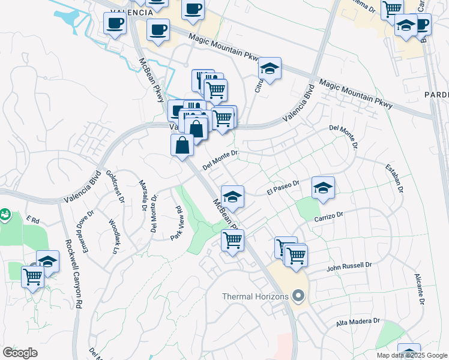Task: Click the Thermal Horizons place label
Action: click(255, 296)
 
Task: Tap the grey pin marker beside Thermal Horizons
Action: click(297, 295)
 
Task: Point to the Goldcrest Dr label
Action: click(115, 186)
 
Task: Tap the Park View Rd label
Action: click(176, 223)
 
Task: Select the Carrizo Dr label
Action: click(328, 215)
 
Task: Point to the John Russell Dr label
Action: click(349, 265)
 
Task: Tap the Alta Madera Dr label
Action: click(358, 322)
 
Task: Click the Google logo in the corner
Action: click(20, 353)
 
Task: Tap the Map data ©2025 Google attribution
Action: click(412, 355)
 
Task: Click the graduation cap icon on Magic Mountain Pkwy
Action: click(270, 69)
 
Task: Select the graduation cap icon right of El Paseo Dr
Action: click(323, 188)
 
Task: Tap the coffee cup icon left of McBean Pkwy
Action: click(115, 23)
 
